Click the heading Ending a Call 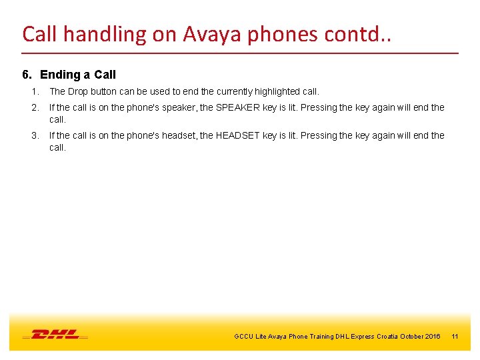[x=78, y=75]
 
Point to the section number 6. [x=27, y=75]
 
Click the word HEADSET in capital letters [x=237, y=135]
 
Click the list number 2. [x=35, y=107]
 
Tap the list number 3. [x=35, y=135]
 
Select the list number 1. [x=35, y=91]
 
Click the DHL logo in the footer [x=55, y=334]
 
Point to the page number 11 [x=455, y=337]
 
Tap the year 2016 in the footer [x=431, y=337]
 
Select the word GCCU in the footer [x=243, y=337]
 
